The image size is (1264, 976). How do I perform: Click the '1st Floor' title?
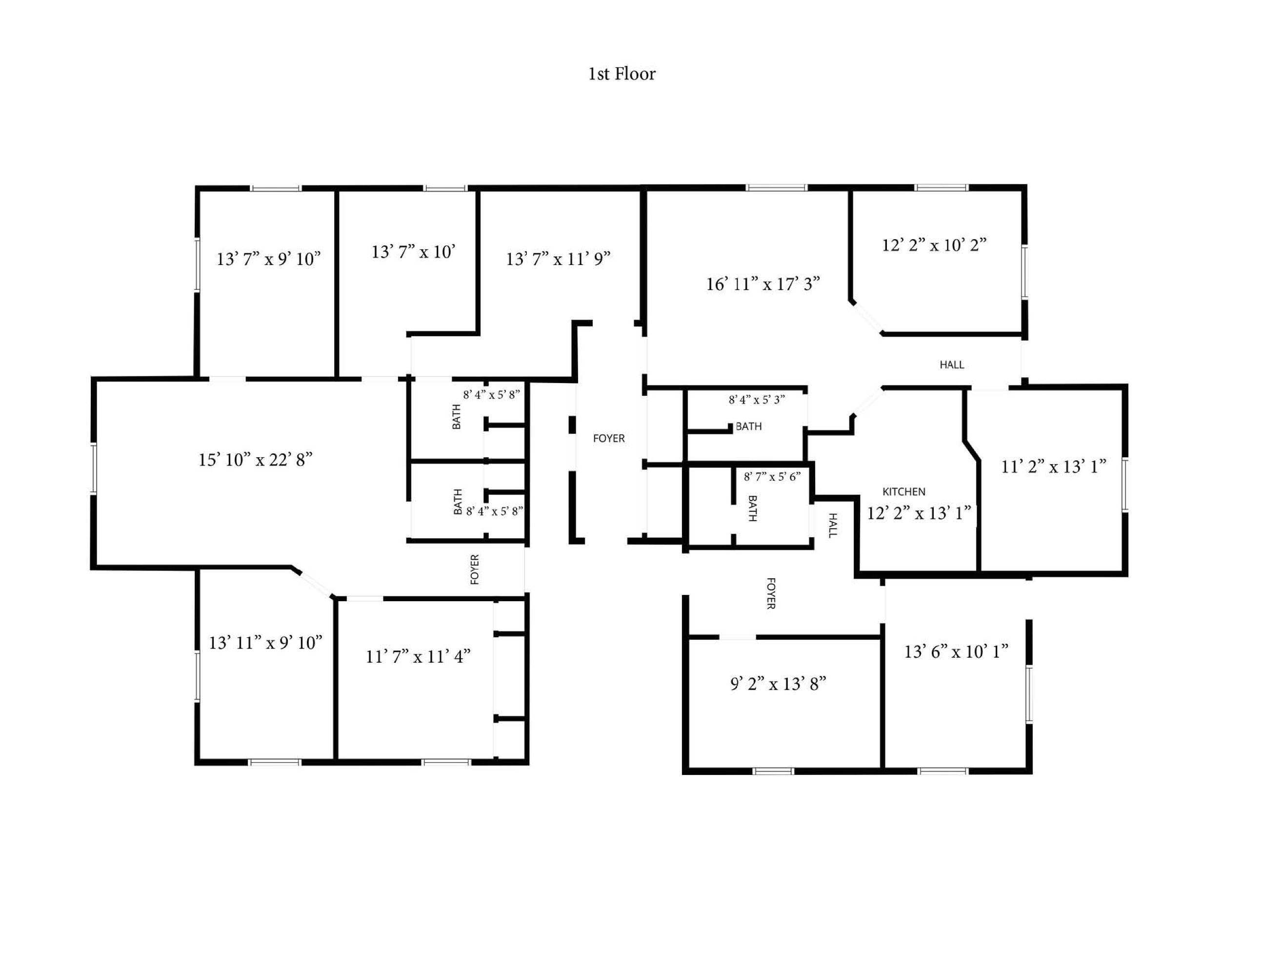click(622, 74)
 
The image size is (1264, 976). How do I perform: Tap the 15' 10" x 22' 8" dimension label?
click(255, 460)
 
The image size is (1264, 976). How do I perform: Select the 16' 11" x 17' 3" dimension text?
click(763, 284)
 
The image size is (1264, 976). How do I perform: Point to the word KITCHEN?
click(903, 492)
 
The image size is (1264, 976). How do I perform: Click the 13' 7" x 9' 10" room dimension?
click(268, 259)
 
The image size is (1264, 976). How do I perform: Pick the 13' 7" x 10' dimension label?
click(413, 252)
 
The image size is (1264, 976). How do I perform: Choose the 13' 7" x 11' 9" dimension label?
click(558, 259)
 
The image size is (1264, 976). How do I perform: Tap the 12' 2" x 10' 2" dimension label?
click(934, 245)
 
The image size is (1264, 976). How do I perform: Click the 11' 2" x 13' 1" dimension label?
click(1054, 467)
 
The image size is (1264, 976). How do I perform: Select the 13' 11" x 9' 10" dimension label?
click(266, 643)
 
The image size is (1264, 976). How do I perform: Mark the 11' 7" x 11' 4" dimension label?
click(418, 656)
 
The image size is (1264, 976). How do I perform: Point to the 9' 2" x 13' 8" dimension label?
click(778, 684)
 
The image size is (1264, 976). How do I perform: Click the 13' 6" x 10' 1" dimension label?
click(956, 652)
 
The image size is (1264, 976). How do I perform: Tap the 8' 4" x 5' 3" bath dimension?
click(757, 400)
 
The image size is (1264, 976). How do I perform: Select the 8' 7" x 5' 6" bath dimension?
click(772, 477)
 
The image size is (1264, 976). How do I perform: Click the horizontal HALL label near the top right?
click(951, 365)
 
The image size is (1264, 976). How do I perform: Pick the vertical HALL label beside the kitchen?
click(833, 526)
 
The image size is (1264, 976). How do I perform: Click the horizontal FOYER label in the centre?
click(609, 439)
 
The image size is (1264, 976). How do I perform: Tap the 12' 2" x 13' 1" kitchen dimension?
click(919, 513)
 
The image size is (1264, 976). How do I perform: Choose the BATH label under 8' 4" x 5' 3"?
click(748, 427)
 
